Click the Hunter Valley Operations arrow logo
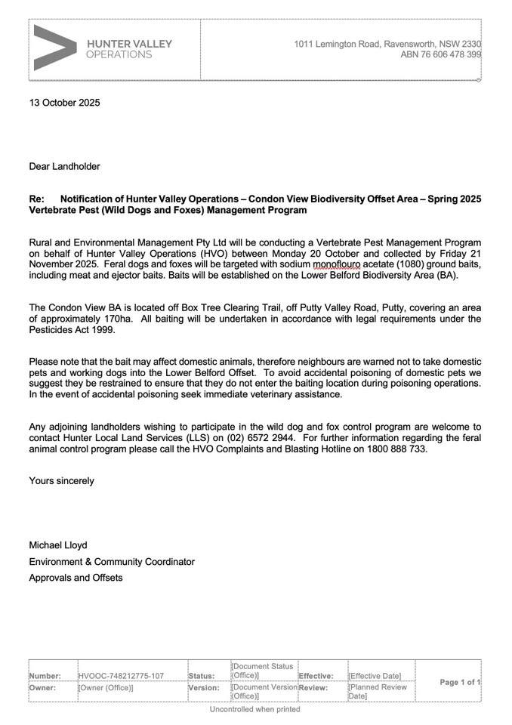tap(54, 48)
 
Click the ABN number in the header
tap(440, 55)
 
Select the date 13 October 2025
tap(64, 103)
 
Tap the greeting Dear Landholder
tap(64, 166)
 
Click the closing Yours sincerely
tap(62, 480)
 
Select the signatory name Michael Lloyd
tap(58, 545)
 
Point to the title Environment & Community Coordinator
tap(112, 562)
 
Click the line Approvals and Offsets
tap(76, 578)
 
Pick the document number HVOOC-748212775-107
tap(121, 676)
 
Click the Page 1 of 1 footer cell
tap(460, 682)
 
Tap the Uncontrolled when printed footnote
tap(254, 709)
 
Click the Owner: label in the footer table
tap(45, 688)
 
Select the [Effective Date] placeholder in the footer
tap(375, 676)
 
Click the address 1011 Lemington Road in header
tap(337, 45)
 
